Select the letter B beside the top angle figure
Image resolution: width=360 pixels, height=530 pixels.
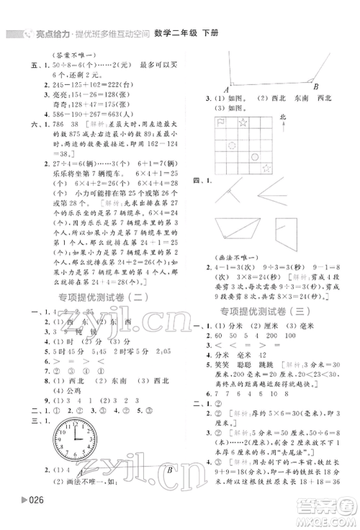[316, 86]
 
